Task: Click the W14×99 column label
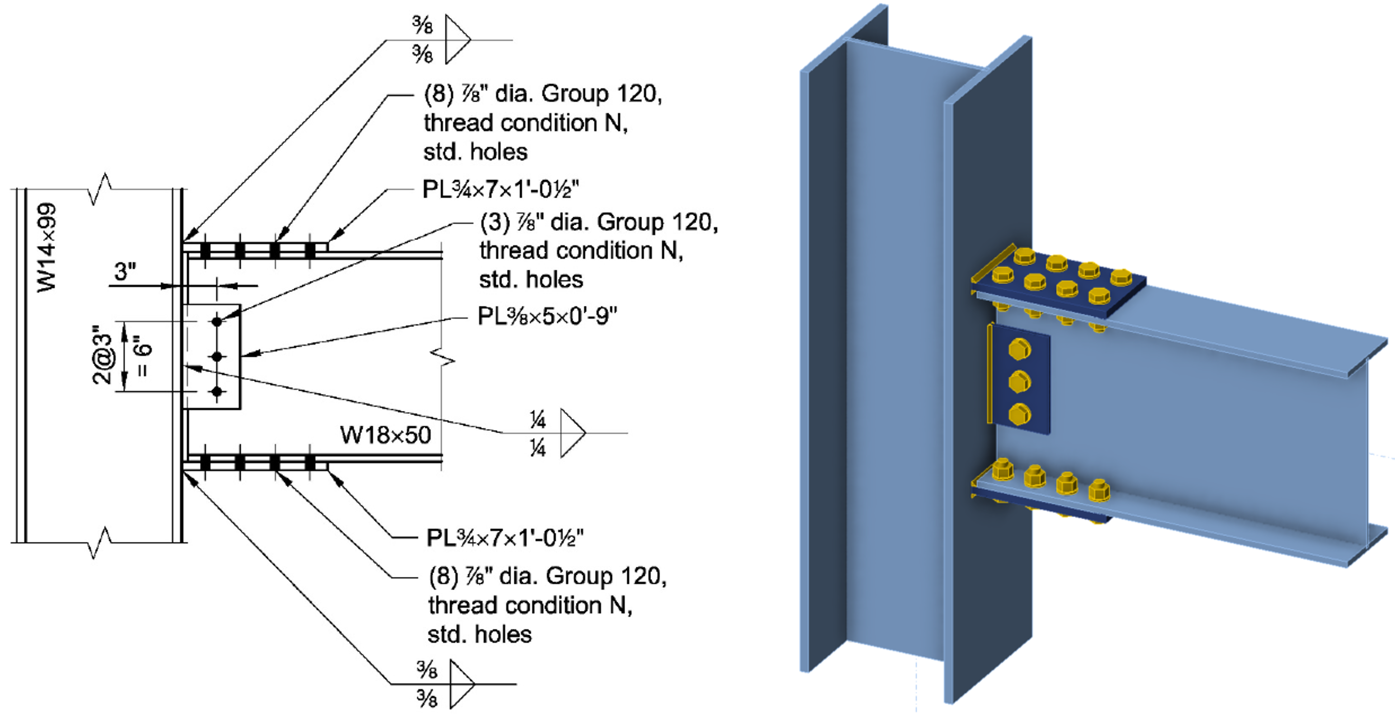pyautogui.click(x=47, y=248)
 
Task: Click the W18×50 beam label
pyautogui.click(x=385, y=435)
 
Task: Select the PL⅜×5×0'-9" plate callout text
pyautogui.click(x=547, y=316)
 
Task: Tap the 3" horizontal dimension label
pyautogui.click(x=124, y=271)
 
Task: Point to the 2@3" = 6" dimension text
pyautogui.click(x=123, y=355)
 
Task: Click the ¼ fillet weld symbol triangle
pyautogui.click(x=572, y=433)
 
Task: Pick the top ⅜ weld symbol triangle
pyautogui.click(x=456, y=39)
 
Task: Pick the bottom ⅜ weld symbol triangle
pyautogui.click(x=461, y=684)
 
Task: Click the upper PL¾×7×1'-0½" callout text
pyautogui.click(x=500, y=190)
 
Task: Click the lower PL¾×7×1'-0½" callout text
pyautogui.click(x=505, y=538)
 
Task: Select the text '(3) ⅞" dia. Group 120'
pyautogui.click(x=599, y=222)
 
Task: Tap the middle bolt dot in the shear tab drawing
pyautogui.click(x=217, y=356)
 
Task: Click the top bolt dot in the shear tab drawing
pyautogui.click(x=217, y=321)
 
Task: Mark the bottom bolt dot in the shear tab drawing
pyautogui.click(x=217, y=391)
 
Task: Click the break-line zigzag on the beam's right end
pyautogui.click(x=443, y=358)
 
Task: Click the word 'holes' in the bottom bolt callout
pyautogui.click(x=503, y=634)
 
